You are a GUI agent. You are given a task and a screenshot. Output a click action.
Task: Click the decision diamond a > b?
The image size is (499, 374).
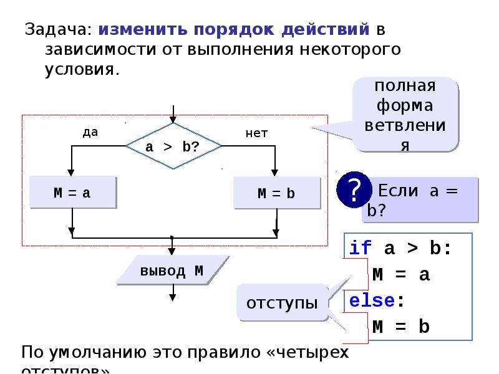pos(173,146)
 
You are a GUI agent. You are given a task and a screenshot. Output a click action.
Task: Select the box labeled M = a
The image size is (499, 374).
pos(72,193)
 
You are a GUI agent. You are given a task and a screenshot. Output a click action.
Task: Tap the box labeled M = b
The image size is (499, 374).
pos(276,193)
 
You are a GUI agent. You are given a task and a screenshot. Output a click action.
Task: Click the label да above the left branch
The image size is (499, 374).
pos(90,132)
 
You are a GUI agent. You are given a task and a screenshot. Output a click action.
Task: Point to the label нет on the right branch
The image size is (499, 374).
pos(256,133)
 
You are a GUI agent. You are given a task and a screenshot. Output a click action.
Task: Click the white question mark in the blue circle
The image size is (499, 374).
pos(354,189)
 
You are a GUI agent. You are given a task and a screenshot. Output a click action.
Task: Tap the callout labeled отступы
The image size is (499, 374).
pos(283,304)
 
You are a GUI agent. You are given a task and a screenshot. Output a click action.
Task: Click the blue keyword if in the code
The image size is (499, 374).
pos(360,248)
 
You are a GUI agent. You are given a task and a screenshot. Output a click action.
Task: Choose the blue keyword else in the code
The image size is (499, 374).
pos(372,300)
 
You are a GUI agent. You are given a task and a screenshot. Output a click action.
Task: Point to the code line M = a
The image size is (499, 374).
pos(401,274)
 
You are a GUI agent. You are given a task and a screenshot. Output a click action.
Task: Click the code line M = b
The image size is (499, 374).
pos(401,327)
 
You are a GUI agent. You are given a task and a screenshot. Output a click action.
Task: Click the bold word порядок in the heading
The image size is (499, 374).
pos(227,29)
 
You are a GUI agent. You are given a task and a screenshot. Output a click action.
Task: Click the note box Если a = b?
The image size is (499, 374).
pos(419,200)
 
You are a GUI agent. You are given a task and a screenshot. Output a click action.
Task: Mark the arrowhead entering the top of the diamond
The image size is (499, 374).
pos(173,120)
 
